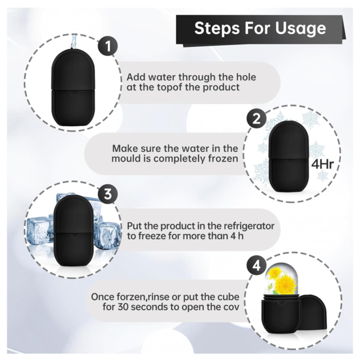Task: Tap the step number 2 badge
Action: point(256,119)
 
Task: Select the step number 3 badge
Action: point(107,194)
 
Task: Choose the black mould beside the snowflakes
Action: point(289,158)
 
